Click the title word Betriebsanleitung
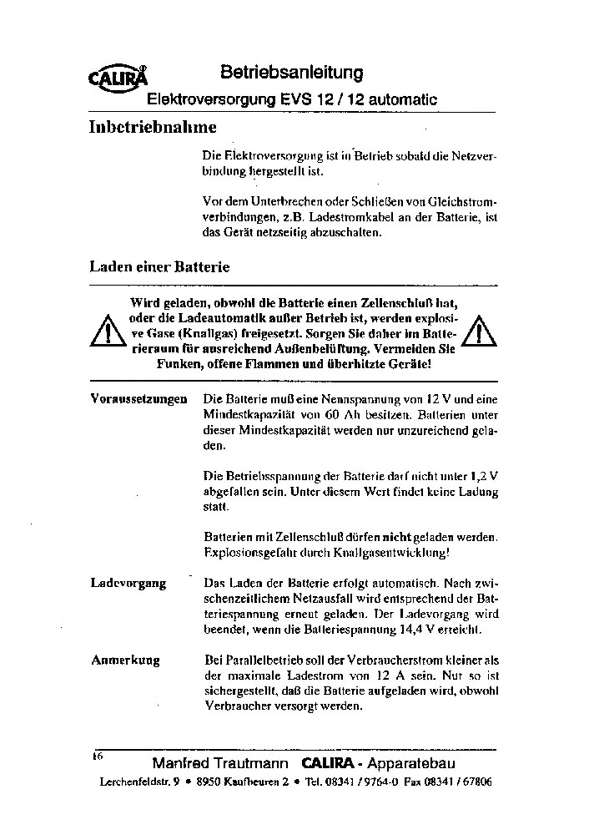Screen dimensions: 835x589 pos(291,73)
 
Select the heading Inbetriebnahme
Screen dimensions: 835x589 pos(153,128)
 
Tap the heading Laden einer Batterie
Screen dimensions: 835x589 pos(159,268)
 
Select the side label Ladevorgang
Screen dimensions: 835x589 pos(128,583)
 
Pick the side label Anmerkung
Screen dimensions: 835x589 pos(125,660)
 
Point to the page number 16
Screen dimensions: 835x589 pos(97,756)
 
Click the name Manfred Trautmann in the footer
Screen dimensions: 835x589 pos(220,764)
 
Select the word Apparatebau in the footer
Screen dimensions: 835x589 pos(415,764)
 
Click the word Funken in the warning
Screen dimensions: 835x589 pos(178,365)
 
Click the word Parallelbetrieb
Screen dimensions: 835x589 pos(267,660)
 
